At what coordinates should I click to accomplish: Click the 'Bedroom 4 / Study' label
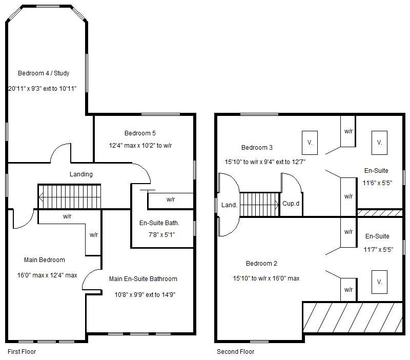[x=44, y=73]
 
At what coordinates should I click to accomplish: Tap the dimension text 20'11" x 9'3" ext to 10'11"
[x=43, y=89]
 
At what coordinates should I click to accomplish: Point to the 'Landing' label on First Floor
[x=81, y=174]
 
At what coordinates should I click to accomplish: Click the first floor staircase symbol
[x=69, y=197]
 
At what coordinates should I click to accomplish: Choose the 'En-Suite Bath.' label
[x=159, y=223]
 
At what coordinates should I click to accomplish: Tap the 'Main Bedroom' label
[x=45, y=260]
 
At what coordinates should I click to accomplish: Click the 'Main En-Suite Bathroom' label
[x=143, y=279]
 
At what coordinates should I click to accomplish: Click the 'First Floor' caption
[x=22, y=352]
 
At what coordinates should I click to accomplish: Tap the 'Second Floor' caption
[x=235, y=352]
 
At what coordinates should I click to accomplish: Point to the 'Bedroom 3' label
[x=257, y=148]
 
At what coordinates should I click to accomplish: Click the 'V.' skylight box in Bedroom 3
[x=310, y=142]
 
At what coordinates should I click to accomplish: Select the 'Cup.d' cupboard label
[x=291, y=204]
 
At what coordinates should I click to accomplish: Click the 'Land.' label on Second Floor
[x=229, y=205]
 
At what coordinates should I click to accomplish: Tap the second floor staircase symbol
[x=259, y=205]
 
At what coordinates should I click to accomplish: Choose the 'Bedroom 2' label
[x=261, y=264]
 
